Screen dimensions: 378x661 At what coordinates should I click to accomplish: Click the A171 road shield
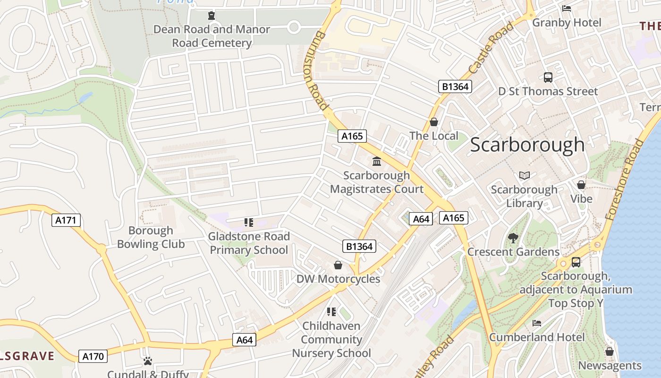coord(66,220)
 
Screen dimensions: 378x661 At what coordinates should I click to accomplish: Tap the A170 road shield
coord(93,356)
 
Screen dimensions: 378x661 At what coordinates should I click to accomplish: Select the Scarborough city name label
coord(527,145)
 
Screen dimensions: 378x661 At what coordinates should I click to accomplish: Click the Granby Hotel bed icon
coord(567,9)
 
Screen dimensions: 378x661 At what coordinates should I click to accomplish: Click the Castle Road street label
coord(491,48)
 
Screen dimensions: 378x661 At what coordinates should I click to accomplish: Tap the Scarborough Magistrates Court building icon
coord(377,162)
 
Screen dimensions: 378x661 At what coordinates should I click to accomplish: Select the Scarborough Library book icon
coord(524,175)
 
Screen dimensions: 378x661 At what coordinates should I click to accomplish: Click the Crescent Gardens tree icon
coord(513,238)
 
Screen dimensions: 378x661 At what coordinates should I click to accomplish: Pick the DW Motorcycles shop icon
coord(338,265)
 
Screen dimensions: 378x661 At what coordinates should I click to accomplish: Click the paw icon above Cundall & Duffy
coord(148,361)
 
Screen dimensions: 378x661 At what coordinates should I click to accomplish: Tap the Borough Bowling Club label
coord(151,237)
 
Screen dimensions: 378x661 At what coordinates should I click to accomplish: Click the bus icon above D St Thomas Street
coord(548,77)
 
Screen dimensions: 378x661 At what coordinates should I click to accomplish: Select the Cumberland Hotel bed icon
coord(537,323)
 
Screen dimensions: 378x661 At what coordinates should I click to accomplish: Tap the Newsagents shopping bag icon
coord(610,352)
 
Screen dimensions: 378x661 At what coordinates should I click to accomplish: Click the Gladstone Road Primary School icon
coord(249,222)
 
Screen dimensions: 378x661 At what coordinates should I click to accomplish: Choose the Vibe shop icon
coord(581,185)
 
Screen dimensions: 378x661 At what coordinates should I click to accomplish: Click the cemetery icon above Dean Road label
coord(211,16)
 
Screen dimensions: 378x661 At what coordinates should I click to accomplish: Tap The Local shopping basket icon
coord(433,122)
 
